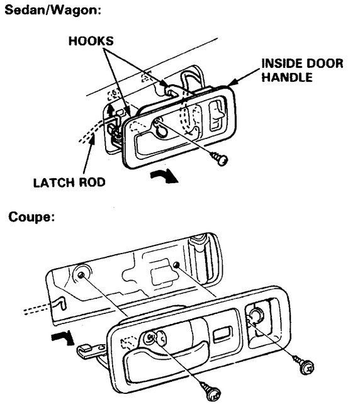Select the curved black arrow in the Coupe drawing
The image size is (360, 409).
pyautogui.click(x=64, y=340)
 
